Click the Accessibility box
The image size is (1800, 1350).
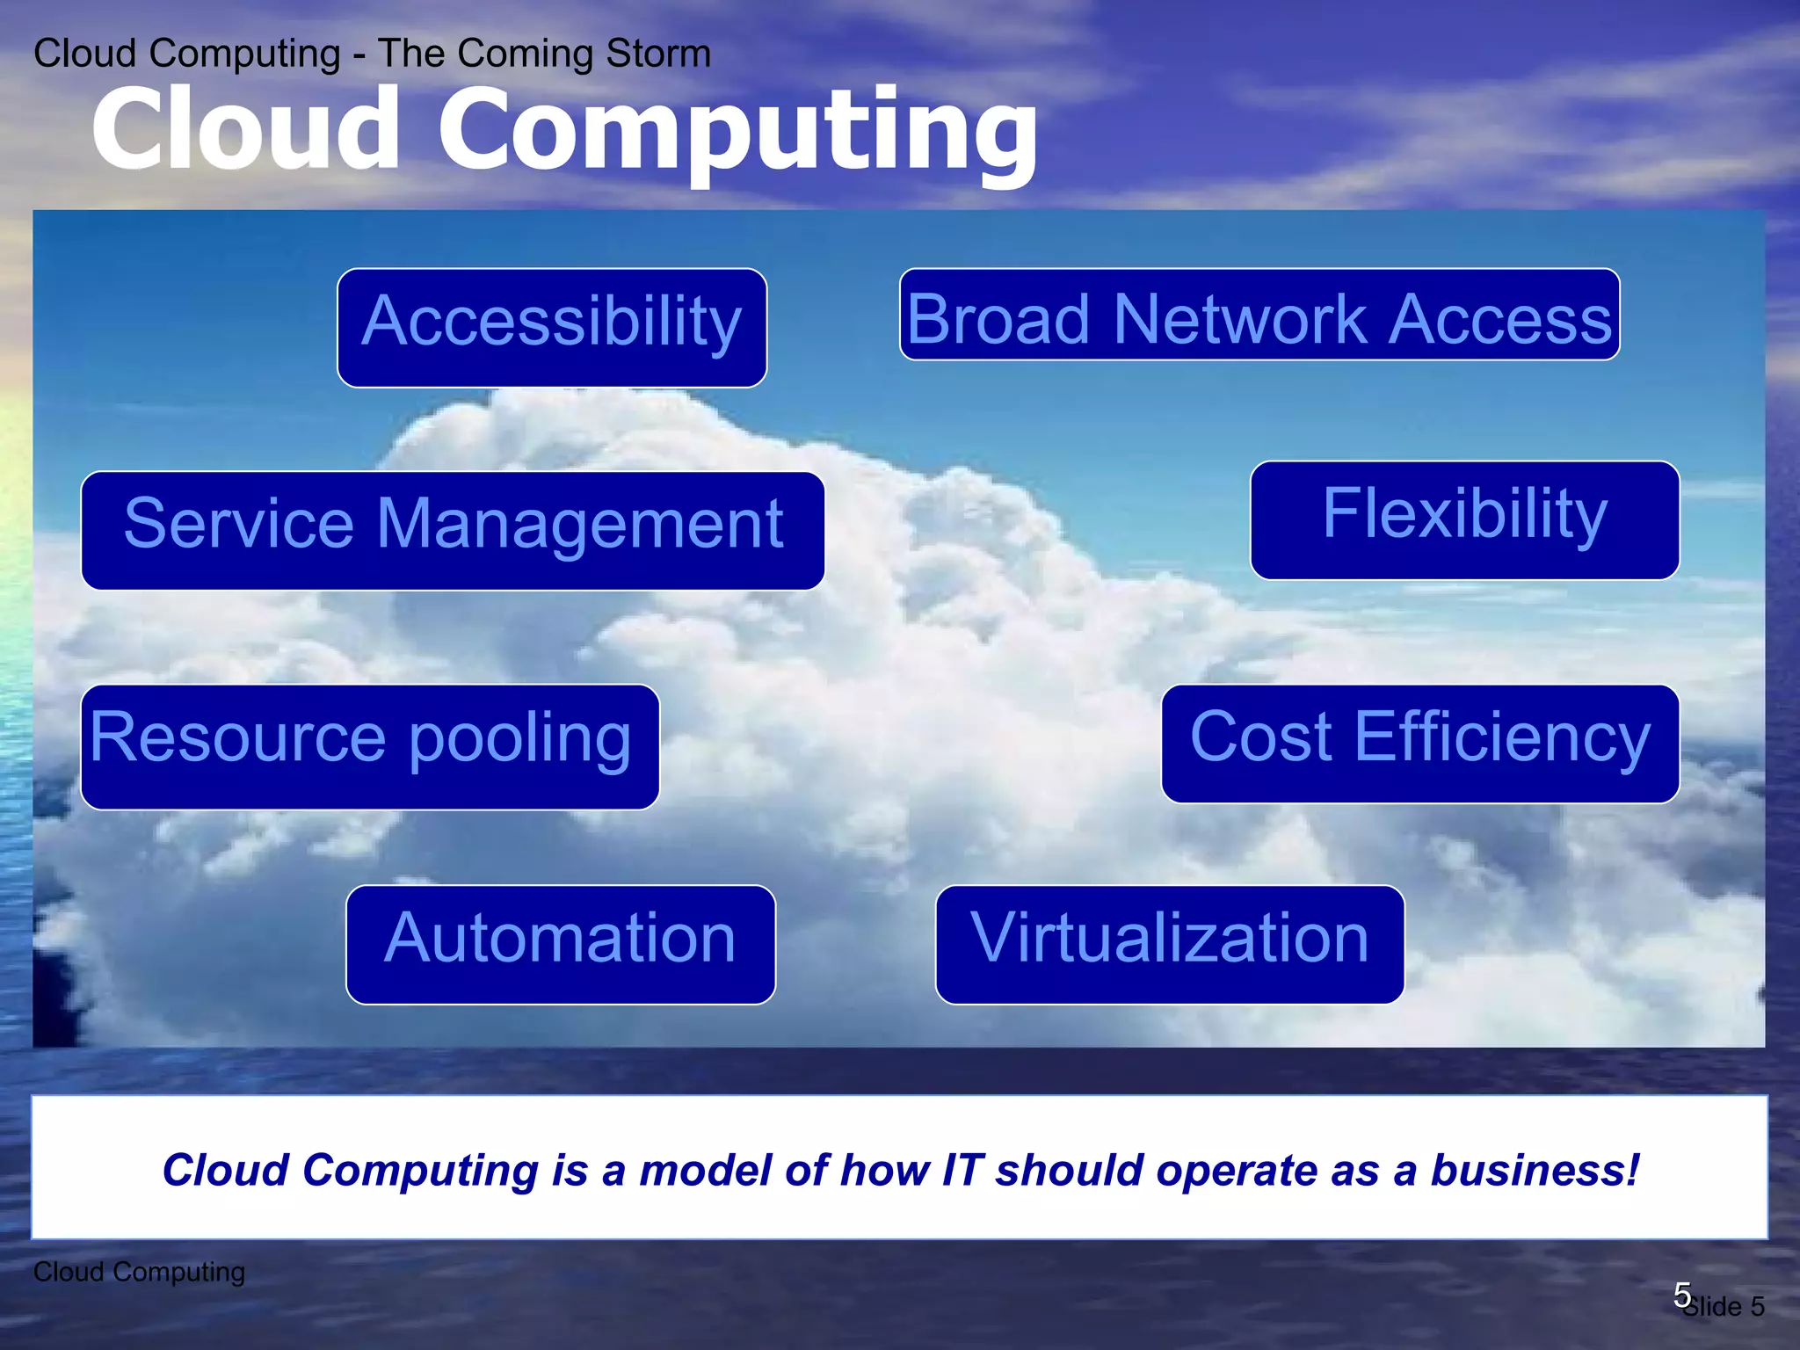point(552,328)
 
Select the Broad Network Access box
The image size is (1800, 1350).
point(1259,315)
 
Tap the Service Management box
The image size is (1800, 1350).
point(453,530)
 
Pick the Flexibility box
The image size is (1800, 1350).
point(1464,520)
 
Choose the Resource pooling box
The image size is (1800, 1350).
point(370,746)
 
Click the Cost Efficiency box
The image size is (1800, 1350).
point(1419,744)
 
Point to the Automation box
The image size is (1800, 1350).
point(561,944)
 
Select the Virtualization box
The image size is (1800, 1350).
point(1169,944)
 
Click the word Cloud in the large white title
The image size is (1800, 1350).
point(246,130)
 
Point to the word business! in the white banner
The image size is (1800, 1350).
point(1535,1170)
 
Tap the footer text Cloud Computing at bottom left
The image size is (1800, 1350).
point(139,1272)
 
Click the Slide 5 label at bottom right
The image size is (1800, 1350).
point(1724,1307)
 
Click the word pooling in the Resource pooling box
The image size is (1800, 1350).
point(520,738)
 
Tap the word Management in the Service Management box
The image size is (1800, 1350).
point(580,524)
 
